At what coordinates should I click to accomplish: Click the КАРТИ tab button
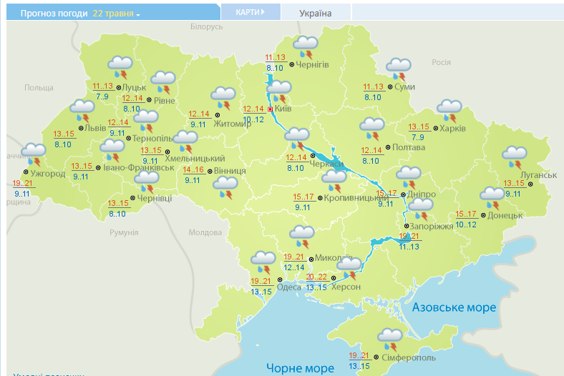click(x=250, y=12)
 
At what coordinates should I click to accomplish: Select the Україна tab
click(x=315, y=13)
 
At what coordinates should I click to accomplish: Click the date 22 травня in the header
click(x=116, y=14)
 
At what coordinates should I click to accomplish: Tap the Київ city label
click(x=283, y=108)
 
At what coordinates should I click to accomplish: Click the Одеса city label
click(x=289, y=287)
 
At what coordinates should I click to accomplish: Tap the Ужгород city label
click(x=48, y=174)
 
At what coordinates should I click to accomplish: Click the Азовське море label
click(x=454, y=307)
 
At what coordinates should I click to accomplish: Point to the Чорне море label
click(x=300, y=368)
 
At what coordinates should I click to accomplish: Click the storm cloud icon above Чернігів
click(x=306, y=46)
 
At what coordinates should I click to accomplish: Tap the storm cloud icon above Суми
click(x=399, y=69)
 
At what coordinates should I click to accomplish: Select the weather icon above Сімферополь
click(x=390, y=337)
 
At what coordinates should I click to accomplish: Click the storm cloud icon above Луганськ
click(x=515, y=155)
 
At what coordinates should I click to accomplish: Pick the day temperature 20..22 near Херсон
click(x=316, y=277)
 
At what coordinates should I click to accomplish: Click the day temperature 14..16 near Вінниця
click(x=193, y=170)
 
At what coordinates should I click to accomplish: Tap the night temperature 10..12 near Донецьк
click(x=466, y=224)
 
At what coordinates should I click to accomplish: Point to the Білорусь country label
click(x=208, y=26)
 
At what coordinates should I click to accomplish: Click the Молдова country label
click(x=205, y=232)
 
